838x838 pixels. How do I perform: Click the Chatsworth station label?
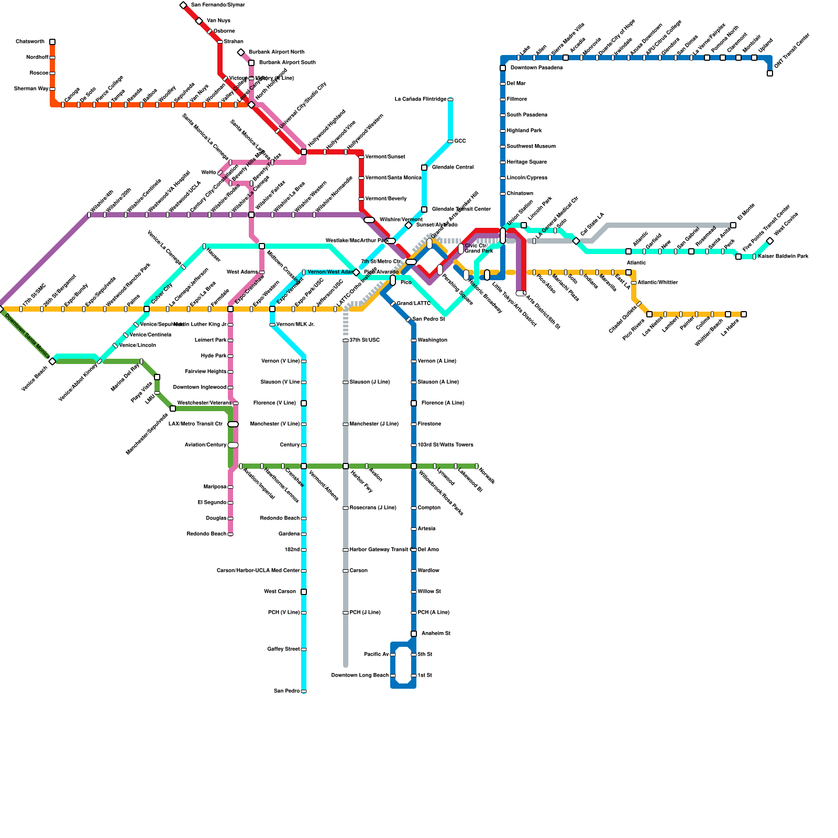[30, 42]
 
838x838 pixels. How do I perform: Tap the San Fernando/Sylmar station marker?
[183, 5]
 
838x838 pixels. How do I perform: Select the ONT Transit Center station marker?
[770, 73]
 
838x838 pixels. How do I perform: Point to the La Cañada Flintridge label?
[421, 100]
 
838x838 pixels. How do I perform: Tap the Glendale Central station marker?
[424, 168]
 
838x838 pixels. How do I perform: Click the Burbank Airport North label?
[276, 52]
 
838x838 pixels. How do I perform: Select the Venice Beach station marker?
[52, 361]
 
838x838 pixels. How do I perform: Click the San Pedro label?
[286, 691]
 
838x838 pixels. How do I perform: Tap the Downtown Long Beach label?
[360, 676]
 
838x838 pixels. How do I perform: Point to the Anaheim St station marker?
[414, 634]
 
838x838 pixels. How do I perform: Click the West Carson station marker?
[304, 592]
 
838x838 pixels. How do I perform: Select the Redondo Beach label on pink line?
[206, 534]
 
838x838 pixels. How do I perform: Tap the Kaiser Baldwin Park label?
[783, 257]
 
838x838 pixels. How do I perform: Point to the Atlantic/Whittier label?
[657, 283]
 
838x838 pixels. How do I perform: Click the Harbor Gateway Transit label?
[379, 550]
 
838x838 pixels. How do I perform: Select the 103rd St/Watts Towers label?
[445, 445]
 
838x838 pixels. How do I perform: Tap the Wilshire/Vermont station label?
[401, 220]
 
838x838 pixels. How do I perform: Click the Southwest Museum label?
[531, 147]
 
